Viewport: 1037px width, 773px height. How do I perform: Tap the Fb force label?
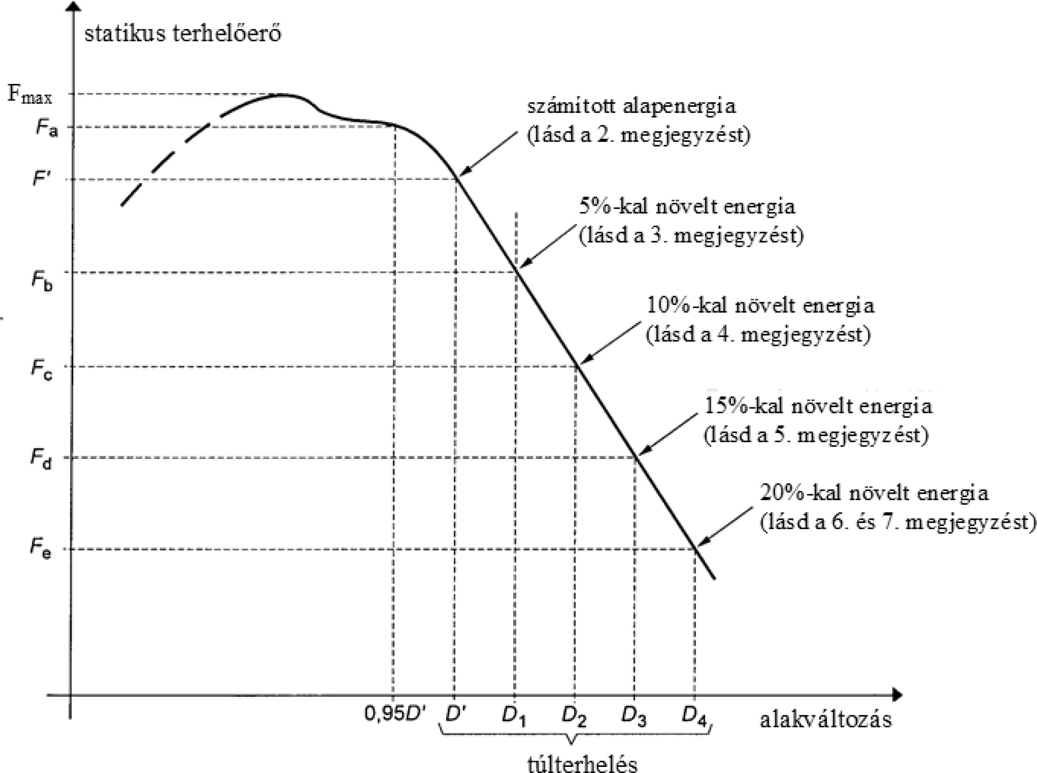click(x=42, y=281)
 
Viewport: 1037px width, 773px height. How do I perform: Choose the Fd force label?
click(x=41, y=459)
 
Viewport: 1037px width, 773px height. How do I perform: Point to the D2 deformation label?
click(x=574, y=716)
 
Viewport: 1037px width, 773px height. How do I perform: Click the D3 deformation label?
click(x=634, y=716)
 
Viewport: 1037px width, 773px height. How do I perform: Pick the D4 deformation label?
click(x=694, y=716)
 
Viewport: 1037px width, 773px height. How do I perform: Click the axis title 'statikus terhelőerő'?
click(x=183, y=34)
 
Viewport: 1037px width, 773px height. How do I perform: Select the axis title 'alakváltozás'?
click(x=826, y=720)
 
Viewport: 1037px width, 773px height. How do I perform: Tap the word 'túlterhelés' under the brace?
click(x=582, y=764)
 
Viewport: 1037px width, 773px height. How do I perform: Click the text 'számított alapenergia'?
click(x=632, y=106)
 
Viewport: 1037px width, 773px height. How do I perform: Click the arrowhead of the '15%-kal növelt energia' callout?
click(x=642, y=453)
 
